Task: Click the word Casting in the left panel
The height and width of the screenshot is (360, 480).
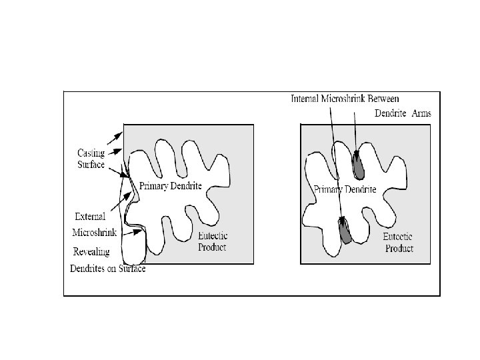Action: (88, 153)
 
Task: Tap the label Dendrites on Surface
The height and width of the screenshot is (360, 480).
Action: (107, 269)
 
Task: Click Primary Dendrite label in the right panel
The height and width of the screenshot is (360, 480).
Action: (345, 189)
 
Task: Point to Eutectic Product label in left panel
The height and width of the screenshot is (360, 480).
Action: (212, 242)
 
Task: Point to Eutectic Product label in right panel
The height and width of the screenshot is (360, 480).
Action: (399, 243)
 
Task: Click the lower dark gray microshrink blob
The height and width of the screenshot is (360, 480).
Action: (345, 231)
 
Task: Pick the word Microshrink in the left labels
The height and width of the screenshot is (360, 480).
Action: (94, 233)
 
